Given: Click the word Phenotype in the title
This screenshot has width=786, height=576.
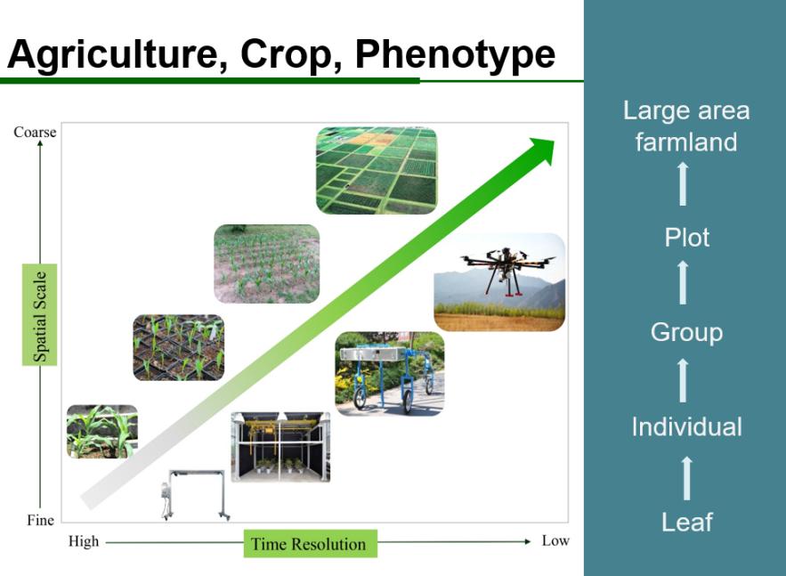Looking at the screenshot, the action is click(x=455, y=54).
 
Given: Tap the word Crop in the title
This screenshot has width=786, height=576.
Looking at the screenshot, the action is click(x=284, y=54).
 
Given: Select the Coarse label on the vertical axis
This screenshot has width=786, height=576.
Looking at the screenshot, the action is click(x=35, y=132).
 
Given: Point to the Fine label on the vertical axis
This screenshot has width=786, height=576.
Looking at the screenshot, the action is click(x=40, y=520).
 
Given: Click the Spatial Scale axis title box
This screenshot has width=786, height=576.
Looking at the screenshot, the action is click(x=39, y=315).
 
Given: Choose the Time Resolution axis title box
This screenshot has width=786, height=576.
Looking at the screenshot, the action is click(x=311, y=543).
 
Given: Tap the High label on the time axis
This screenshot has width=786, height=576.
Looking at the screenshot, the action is click(x=84, y=541).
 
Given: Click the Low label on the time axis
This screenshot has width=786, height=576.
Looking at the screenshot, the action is click(x=555, y=540).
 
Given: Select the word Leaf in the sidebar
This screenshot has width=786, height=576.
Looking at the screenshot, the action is click(x=686, y=522).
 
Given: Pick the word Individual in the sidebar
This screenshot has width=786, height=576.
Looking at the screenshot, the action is click(x=686, y=426).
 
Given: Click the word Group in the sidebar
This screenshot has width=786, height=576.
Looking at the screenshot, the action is click(x=686, y=332).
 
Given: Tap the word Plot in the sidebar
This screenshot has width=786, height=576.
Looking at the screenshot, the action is click(x=686, y=237).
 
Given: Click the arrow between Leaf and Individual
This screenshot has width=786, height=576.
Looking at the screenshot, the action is click(x=686, y=478).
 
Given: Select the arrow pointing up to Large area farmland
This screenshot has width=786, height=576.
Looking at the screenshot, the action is click(x=683, y=183).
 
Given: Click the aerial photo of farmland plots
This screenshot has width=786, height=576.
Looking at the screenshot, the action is click(x=377, y=170).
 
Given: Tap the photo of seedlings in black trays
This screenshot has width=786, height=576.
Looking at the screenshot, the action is click(x=178, y=347).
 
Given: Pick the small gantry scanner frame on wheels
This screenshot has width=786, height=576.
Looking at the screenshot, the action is click(x=196, y=495).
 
